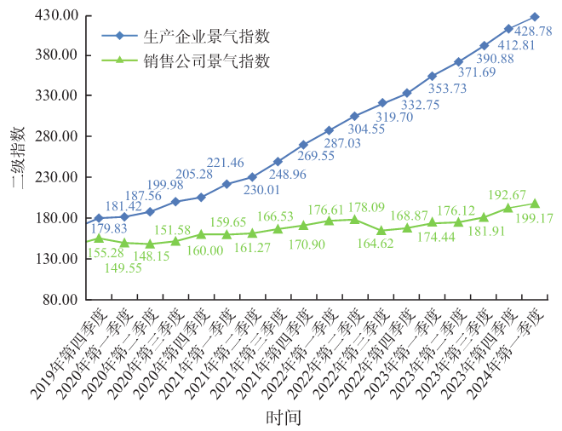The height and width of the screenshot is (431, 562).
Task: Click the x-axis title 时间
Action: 282,417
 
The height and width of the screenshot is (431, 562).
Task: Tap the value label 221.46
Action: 226,163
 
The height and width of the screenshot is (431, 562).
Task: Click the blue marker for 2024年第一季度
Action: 535,16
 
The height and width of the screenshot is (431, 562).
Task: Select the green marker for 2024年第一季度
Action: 535,204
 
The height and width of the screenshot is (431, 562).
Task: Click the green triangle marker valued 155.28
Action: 99,238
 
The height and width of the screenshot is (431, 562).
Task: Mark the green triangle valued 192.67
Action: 509,209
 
